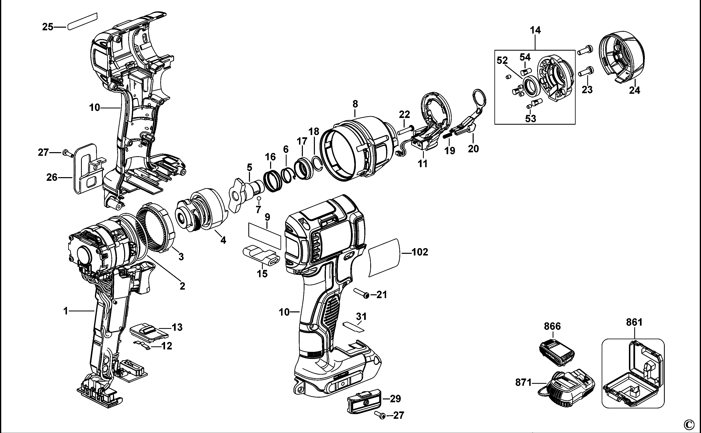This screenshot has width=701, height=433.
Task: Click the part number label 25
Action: click(48, 27)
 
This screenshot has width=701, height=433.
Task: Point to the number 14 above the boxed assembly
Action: click(535, 30)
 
